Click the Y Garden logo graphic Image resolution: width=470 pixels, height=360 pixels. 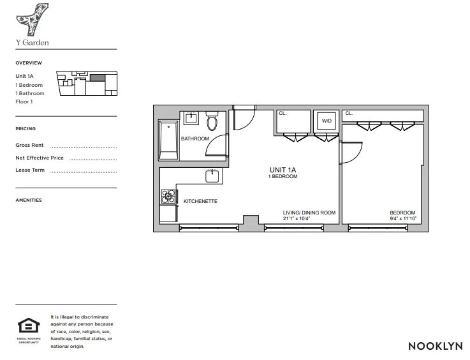29,20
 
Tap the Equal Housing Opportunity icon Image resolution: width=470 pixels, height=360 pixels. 28,327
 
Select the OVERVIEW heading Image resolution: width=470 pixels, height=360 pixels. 29,63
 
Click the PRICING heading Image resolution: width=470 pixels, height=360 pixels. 26,129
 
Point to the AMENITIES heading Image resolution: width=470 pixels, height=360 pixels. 29,200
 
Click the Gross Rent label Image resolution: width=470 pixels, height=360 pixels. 30,146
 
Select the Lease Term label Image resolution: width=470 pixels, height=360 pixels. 30,170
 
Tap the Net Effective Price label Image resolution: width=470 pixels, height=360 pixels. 40,158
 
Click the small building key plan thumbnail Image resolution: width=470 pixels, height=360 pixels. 88,84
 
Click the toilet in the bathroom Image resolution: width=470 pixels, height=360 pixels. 212,121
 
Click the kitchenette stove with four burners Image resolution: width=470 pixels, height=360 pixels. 168,197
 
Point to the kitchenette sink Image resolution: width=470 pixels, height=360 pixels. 212,176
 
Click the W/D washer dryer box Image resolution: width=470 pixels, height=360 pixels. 327,120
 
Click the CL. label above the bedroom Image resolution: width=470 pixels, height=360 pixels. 349,114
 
